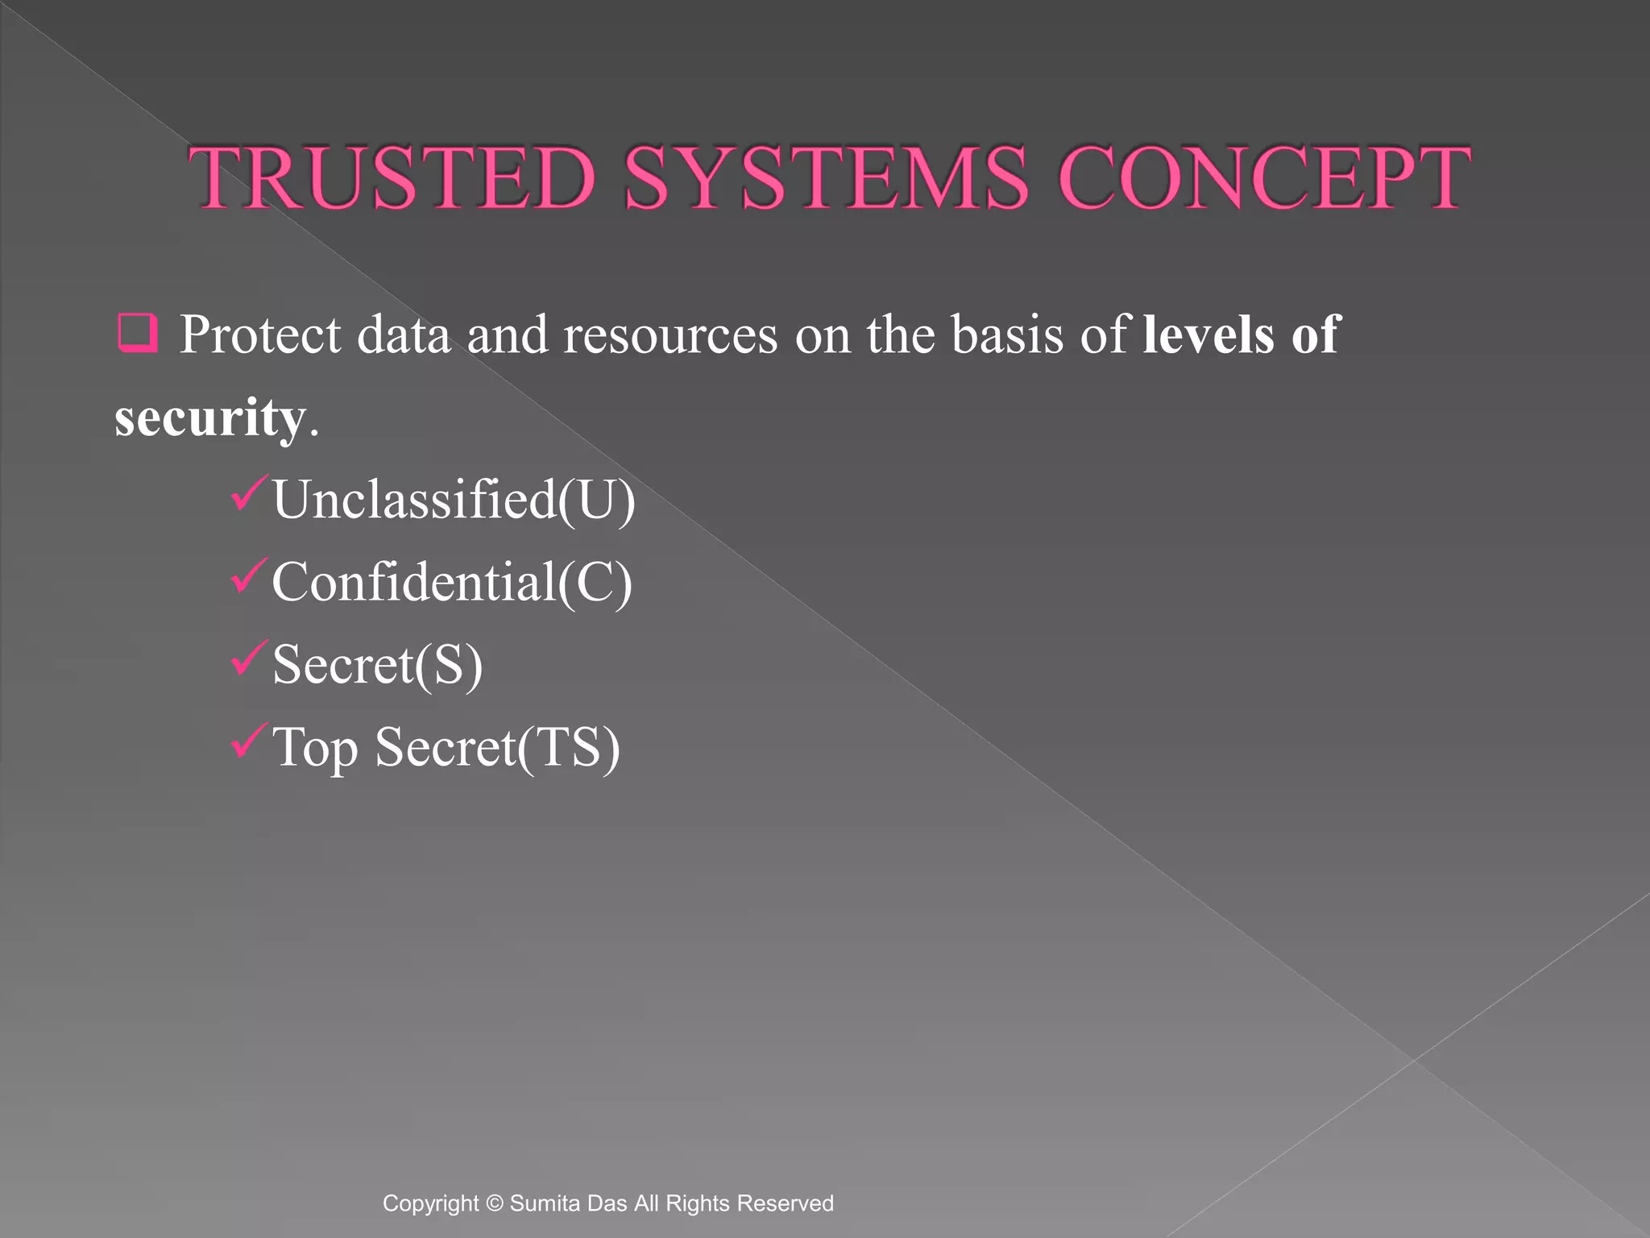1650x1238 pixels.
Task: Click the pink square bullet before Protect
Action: click(x=137, y=333)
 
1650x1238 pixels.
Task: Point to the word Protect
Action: click(x=260, y=334)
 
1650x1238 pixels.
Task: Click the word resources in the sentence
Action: click(x=670, y=334)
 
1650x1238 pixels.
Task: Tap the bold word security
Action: click(x=210, y=418)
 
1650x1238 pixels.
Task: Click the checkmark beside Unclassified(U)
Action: click(x=248, y=493)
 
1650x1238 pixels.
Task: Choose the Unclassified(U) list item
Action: click(x=454, y=500)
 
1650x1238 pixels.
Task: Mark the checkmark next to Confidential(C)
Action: click(x=248, y=575)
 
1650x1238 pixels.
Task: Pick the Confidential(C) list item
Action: click(x=452, y=582)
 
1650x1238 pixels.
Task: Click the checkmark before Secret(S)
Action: click(x=248, y=658)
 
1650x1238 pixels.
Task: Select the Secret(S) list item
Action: click(x=377, y=665)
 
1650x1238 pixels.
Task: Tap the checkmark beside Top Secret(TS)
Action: click(x=248, y=740)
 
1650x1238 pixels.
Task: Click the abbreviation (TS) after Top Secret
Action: click(x=569, y=748)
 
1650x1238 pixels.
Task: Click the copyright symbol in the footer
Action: click(x=495, y=1203)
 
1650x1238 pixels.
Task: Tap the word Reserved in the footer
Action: click(x=786, y=1203)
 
